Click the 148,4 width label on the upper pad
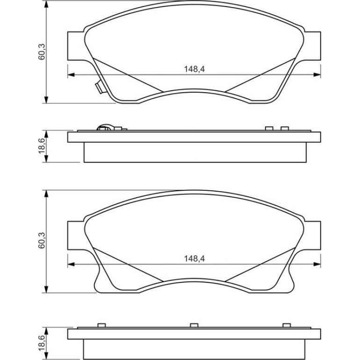194,69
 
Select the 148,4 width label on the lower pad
194,259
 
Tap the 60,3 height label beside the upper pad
42,52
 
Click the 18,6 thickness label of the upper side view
42,146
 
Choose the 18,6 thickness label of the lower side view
42,343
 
